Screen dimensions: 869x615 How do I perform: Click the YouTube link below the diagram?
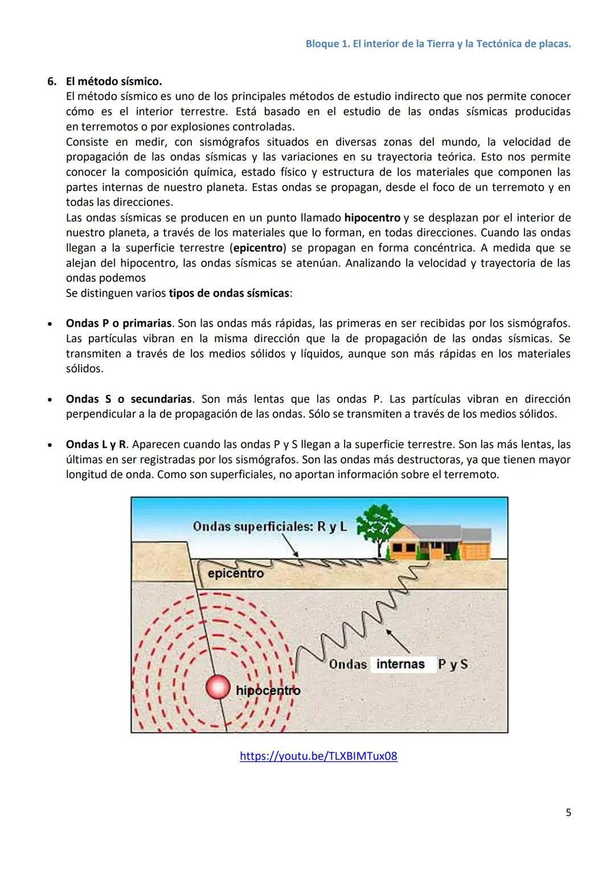(x=318, y=756)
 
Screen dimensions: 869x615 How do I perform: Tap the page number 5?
(x=568, y=812)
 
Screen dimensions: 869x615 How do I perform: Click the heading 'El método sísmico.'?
(x=114, y=81)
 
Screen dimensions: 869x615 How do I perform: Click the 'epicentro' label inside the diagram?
(x=236, y=573)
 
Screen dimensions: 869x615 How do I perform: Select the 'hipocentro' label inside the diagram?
(x=268, y=690)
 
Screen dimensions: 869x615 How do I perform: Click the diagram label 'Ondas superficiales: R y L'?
(x=269, y=526)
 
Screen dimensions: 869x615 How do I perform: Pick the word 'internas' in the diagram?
(x=400, y=664)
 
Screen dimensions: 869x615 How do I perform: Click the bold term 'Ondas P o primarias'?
(x=118, y=323)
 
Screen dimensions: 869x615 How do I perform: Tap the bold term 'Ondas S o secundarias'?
(x=129, y=399)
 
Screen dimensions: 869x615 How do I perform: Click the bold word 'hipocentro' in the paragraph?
(x=372, y=218)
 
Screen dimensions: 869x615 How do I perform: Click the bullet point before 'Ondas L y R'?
(x=51, y=444)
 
